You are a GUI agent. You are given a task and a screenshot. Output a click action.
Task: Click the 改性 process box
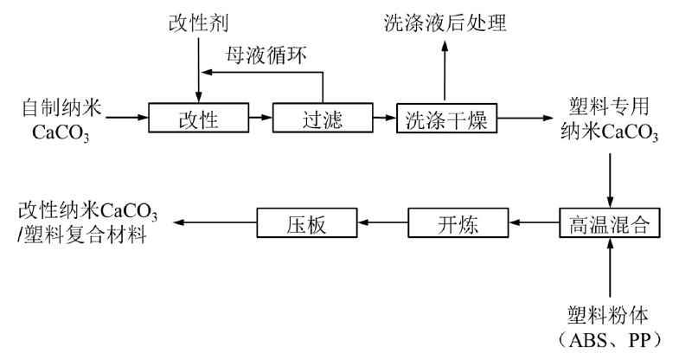tap(198, 118)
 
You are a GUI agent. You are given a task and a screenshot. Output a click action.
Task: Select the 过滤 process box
tap(322, 118)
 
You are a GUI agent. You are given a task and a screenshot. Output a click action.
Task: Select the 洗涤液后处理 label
tap(445, 23)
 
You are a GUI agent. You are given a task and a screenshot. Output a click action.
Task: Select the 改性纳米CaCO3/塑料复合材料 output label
tap(86, 222)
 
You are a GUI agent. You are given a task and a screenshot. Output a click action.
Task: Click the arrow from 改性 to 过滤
tap(259, 118)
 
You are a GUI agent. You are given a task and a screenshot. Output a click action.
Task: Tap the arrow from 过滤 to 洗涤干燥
tap(383, 118)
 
